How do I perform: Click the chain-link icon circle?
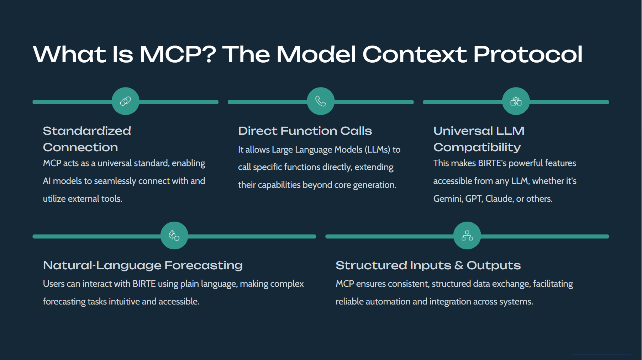click(125, 101)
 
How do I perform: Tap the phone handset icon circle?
click(321, 101)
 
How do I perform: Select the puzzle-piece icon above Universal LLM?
click(516, 101)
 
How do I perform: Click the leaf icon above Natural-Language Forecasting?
click(174, 235)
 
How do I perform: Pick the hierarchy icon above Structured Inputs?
click(467, 235)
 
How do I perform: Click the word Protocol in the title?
click(527, 54)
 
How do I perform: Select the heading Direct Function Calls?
click(305, 131)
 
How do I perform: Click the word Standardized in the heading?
click(87, 131)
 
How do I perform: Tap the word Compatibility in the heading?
click(477, 147)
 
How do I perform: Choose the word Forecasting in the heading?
click(204, 265)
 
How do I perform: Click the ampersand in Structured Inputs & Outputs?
click(459, 265)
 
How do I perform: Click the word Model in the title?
click(316, 54)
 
